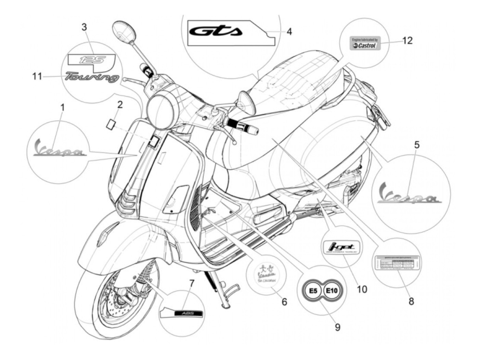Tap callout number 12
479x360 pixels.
point(407,40)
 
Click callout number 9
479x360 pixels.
point(337,327)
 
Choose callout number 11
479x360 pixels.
point(37,76)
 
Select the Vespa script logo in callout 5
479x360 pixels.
point(410,194)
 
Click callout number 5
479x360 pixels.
point(416,144)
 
